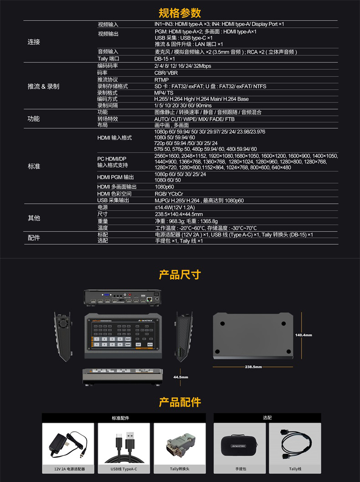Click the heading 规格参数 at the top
pos(180,12)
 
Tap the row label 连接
pos(34,42)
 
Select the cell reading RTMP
pos(161,80)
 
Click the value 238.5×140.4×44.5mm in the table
pos(179,214)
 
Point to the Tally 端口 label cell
pos(108,59)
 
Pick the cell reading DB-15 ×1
pos(165,59)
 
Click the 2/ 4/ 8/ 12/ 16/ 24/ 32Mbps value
pos(183,66)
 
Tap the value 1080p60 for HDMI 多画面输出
pos(164,187)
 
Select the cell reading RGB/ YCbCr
pos(169,194)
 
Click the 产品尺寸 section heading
pos(180,275)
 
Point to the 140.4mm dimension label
pos(303,335)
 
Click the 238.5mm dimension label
pos(253,367)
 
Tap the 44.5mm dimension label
pos(180,377)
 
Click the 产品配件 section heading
pos(180,402)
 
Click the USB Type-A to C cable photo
pos(124,443)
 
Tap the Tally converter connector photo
pos(180,443)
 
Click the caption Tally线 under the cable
pos(295,469)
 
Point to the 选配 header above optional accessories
pos(267,418)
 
